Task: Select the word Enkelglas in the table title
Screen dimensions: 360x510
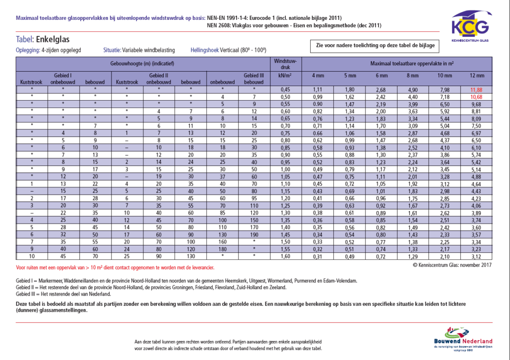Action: pos(53,40)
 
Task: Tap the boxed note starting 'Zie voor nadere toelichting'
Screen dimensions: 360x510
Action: pos(376,46)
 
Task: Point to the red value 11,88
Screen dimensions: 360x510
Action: pos(477,89)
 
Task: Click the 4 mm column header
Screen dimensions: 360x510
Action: pos(317,76)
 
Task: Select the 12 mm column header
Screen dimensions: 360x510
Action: pos(477,76)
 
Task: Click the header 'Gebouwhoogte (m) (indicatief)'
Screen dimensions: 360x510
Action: pos(142,64)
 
